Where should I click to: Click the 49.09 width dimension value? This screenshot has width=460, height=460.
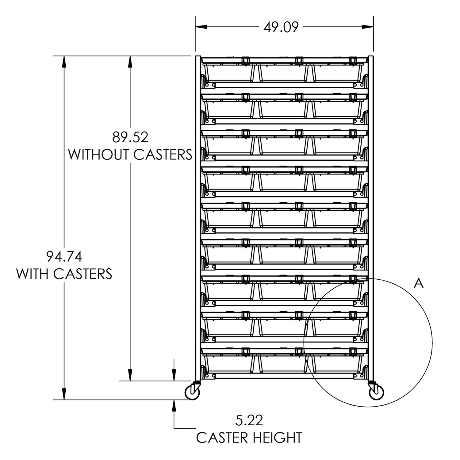[281, 28]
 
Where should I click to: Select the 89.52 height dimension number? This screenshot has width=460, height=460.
[130, 138]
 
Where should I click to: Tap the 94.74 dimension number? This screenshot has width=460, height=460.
[64, 257]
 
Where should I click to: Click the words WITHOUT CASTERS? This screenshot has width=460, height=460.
[130, 155]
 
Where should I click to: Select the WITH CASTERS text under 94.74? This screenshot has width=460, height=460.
[64, 274]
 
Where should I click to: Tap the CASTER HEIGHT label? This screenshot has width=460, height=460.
[249, 438]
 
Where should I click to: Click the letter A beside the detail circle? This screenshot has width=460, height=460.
[419, 284]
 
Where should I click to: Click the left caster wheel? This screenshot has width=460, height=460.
[193, 393]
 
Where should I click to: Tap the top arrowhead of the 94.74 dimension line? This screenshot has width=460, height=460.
[64, 61]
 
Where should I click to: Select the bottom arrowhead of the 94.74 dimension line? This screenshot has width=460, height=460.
[64, 394]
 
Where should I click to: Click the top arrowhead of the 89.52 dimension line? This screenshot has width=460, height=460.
[130, 61]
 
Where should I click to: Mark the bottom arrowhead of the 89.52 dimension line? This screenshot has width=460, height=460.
[130, 375]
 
